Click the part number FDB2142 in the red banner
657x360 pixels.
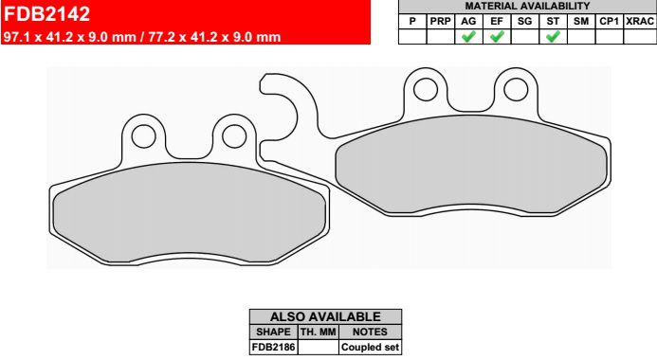[46, 14]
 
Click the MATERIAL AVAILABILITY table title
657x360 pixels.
[527, 6]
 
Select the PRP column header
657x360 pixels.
[441, 22]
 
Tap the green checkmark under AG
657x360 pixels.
[468, 36]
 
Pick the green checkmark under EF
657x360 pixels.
[497, 36]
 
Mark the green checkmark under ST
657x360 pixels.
[553, 36]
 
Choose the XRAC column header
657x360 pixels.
[639, 22]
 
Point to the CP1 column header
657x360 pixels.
[610, 22]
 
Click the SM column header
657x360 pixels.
[581, 22]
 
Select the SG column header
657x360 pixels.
[524, 22]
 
